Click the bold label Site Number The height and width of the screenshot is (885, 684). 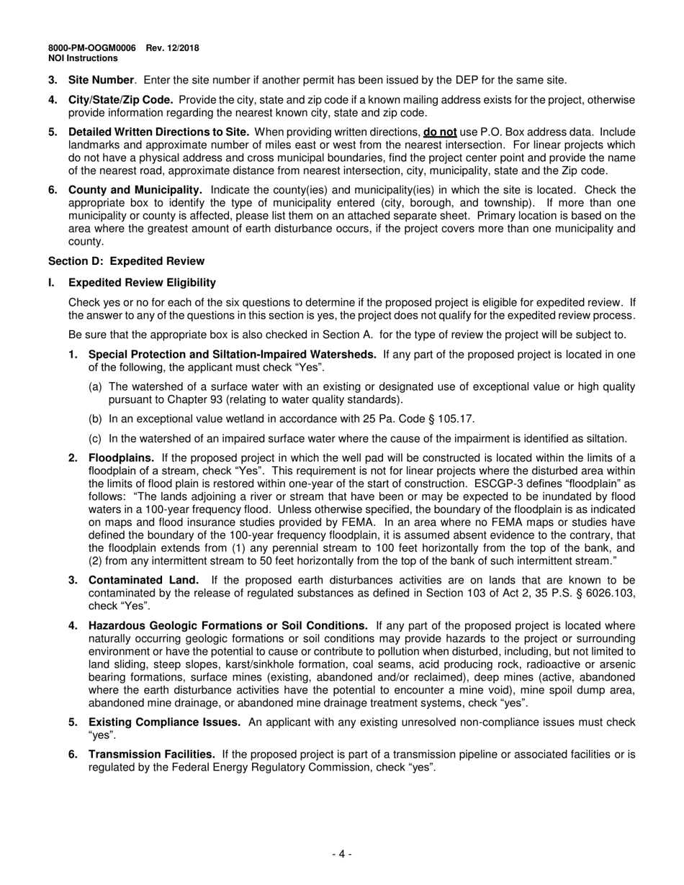point(101,80)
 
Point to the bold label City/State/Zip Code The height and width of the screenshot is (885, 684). point(120,100)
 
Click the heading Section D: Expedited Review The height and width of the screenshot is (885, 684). point(126,261)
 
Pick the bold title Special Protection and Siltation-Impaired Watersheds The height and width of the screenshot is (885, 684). point(232,354)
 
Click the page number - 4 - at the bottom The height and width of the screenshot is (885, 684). point(342,854)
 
